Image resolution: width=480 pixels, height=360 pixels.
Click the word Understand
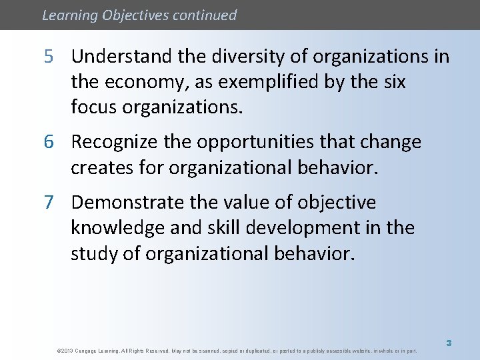point(122,57)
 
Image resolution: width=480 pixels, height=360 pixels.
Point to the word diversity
point(240,57)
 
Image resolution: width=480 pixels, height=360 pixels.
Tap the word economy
point(137,83)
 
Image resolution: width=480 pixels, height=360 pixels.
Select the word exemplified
point(267,83)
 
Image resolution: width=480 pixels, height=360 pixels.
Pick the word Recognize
point(116,142)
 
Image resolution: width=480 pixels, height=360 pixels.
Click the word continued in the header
point(204,15)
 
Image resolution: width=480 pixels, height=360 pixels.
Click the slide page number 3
point(449,343)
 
